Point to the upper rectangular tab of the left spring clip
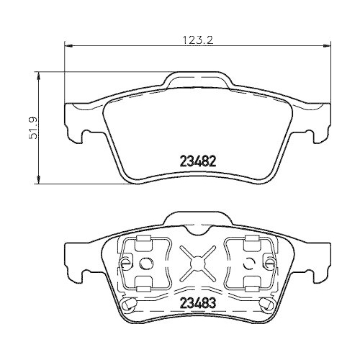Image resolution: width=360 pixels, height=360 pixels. (x=142, y=241)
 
